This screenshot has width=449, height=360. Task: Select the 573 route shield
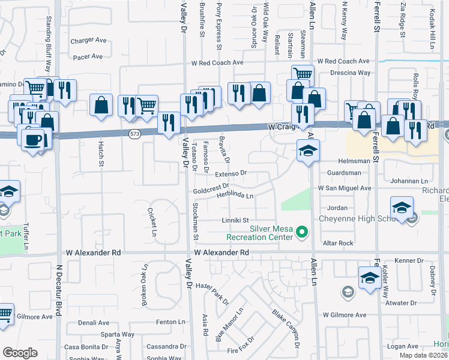click(x=134, y=135)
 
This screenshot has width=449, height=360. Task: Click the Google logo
click(x=20, y=353)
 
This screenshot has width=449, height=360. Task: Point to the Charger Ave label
click(x=88, y=41)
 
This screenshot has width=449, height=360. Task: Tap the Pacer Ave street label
click(x=88, y=57)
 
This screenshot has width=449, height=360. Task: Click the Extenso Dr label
click(x=231, y=173)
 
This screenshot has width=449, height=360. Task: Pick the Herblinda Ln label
click(x=235, y=196)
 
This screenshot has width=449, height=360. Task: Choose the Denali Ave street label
click(x=92, y=323)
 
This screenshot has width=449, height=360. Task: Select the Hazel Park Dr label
click(x=212, y=293)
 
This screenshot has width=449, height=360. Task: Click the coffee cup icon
click(x=32, y=140)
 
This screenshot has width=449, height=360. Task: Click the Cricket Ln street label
click(x=154, y=221)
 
